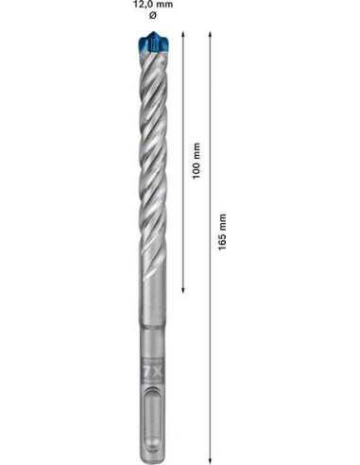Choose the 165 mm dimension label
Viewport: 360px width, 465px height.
coord(223,232)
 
